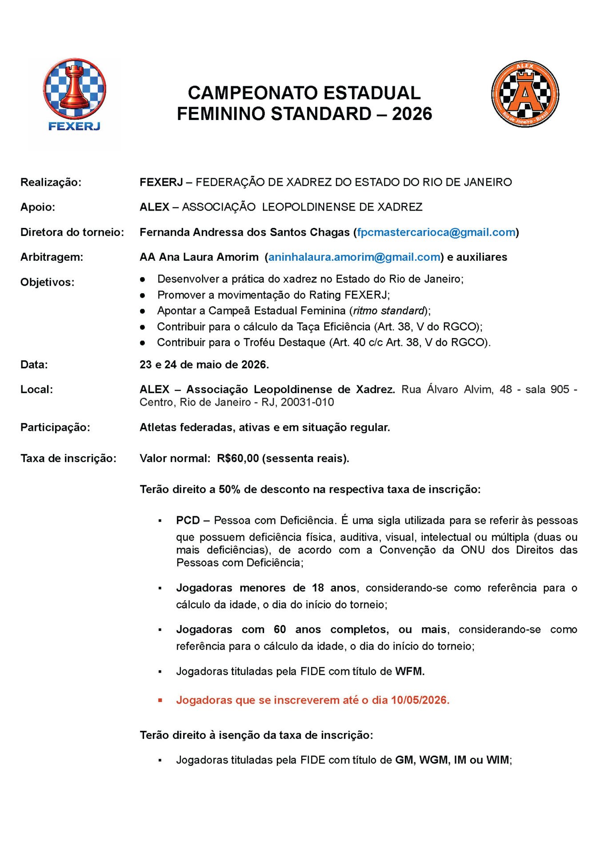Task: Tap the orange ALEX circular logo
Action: point(525,94)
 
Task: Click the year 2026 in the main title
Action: point(412,114)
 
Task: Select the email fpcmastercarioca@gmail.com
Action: point(436,232)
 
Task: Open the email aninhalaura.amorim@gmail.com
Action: point(354,257)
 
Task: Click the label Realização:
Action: point(51,183)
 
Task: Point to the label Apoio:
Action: point(38,207)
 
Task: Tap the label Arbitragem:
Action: point(52,257)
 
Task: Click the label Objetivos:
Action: point(47,283)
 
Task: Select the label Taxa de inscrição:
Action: point(68,458)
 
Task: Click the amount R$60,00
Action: point(238,458)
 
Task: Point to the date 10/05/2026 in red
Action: point(419,700)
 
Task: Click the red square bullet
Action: point(160,701)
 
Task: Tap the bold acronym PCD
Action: point(188,520)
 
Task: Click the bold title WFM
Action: point(409,671)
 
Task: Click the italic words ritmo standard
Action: point(389,311)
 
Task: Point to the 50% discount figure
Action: point(229,490)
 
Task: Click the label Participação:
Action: point(55,427)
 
